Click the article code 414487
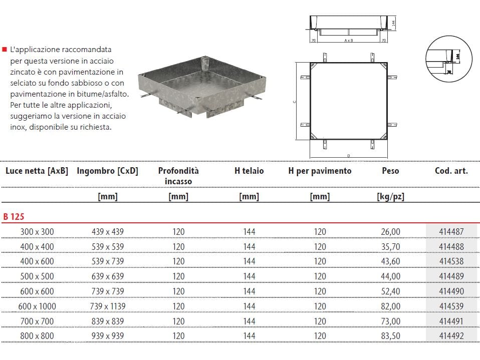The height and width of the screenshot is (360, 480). tap(451, 231)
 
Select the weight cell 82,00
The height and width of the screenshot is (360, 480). tap(391, 306)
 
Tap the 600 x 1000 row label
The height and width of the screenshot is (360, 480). tap(37, 306)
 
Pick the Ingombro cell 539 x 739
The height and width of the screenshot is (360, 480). tap(107, 261)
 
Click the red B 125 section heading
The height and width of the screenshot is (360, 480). tap(14, 217)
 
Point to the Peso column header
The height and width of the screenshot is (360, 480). tap(390, 171)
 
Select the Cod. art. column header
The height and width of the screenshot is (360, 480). tap(451, 171)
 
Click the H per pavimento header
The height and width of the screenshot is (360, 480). tap(320, 171)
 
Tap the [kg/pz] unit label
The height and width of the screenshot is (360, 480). tap(390, 196)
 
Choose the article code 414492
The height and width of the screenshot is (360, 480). tap(451, 336)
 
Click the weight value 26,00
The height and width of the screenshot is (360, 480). tap(391, 231)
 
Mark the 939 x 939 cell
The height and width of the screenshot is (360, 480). tap(107, 336)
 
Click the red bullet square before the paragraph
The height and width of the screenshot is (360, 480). tap(5, 50)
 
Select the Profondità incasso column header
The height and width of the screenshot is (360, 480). tap(178, 176)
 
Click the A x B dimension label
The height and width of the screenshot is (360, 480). tap(349, 40)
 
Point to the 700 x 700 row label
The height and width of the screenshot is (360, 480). tap(37, 321)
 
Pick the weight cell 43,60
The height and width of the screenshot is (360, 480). tap(391, 261)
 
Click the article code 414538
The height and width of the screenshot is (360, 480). tap(451, 261)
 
